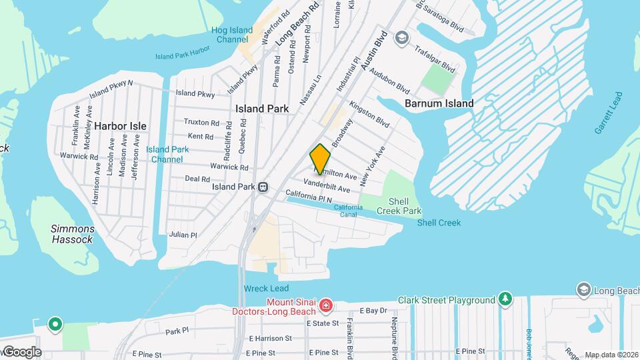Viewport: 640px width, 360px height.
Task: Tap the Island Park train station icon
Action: [263, 187]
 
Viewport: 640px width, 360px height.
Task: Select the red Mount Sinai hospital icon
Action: [326, 305]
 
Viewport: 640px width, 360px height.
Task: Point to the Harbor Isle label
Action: [120, 125]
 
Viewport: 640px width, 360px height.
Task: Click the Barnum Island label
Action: [439, 103]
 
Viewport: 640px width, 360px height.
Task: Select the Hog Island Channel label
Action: [233, 35]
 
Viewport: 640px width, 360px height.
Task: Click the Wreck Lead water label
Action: [266, 288]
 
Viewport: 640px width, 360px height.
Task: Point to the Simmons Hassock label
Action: [72, 234]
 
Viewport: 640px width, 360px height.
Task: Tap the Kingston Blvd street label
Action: [369, 114]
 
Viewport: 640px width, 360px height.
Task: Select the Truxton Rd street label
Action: [201, 123]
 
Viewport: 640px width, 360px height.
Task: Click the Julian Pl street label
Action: [183, 235]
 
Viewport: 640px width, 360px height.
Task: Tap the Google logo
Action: [21, 352]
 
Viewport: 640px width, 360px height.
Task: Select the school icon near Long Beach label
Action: [583, 289]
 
